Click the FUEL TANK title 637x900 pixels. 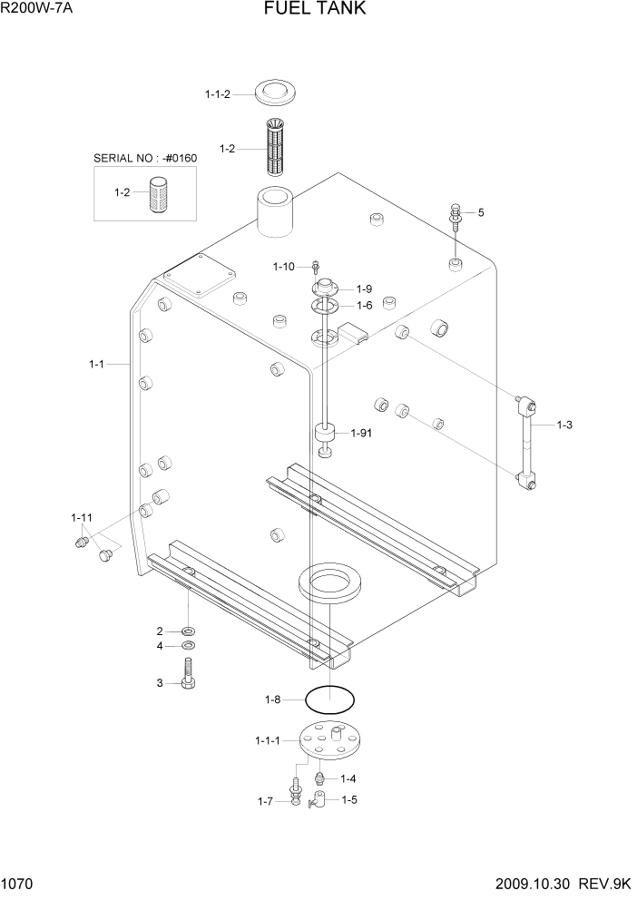[315, 8]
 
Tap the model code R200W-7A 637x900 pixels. [37, 9]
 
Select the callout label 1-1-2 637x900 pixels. [218, 94]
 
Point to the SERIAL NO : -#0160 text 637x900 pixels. [145, 159]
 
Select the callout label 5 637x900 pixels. [481, 212]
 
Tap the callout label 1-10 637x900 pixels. [283, 267]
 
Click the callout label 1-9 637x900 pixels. [365, 289]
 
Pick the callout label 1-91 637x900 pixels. [361, 434]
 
